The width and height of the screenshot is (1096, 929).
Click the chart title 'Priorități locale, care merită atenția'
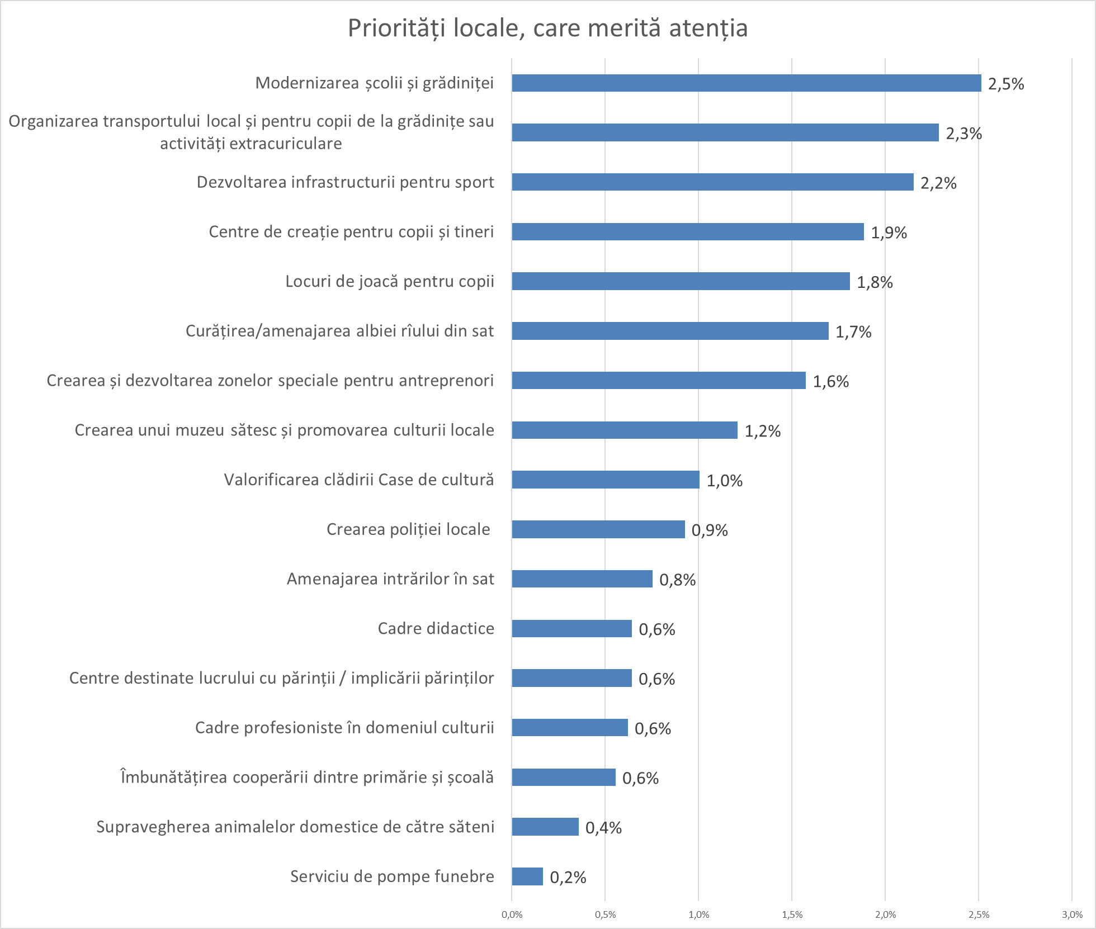pos(547,28)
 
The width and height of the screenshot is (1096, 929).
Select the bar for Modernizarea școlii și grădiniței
pos(746,83)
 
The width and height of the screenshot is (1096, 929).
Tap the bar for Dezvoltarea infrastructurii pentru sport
pos(712,182)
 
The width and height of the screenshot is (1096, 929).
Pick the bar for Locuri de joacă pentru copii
pos(681,281)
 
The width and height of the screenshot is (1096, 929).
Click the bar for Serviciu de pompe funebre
pos(527,876)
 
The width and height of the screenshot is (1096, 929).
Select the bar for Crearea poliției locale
pos(598,529)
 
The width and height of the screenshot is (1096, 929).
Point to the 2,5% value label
pos(1006,84)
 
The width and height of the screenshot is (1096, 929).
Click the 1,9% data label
pos(889,233)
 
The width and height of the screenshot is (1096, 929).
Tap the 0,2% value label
pos(568,878)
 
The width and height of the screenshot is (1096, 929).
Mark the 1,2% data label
pos(762,431)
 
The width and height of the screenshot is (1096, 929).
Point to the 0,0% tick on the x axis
pos(512,915)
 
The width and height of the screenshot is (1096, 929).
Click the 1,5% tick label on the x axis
pos(792,915)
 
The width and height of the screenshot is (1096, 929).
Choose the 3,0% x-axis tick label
pos(1072,915)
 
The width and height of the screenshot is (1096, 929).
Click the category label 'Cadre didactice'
pos(436,628)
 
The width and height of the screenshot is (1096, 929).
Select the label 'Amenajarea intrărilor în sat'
pos(390,579)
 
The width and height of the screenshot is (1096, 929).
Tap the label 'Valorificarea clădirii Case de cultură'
pos(359,480)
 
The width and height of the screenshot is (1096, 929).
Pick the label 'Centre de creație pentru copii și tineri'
pos(351,231)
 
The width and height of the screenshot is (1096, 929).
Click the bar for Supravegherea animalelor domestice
pos(545,827)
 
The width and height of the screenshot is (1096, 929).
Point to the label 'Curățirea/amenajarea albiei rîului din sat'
pos(339,331)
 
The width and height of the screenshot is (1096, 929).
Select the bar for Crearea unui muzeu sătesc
pos(625,430)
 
